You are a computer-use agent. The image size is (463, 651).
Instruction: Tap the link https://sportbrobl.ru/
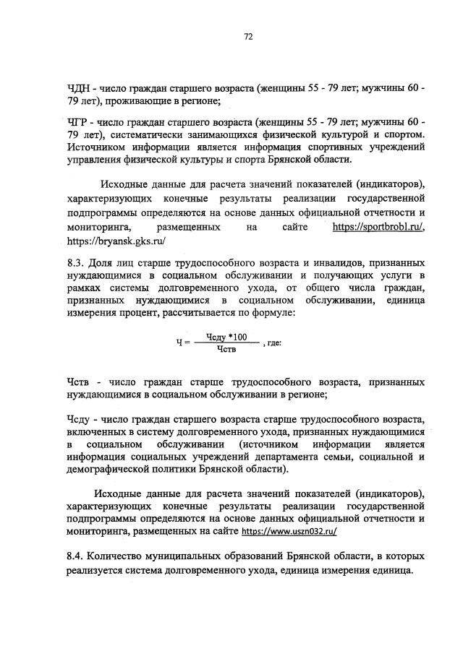pos(378,227)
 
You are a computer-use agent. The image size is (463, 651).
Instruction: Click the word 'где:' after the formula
pos(274,344)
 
